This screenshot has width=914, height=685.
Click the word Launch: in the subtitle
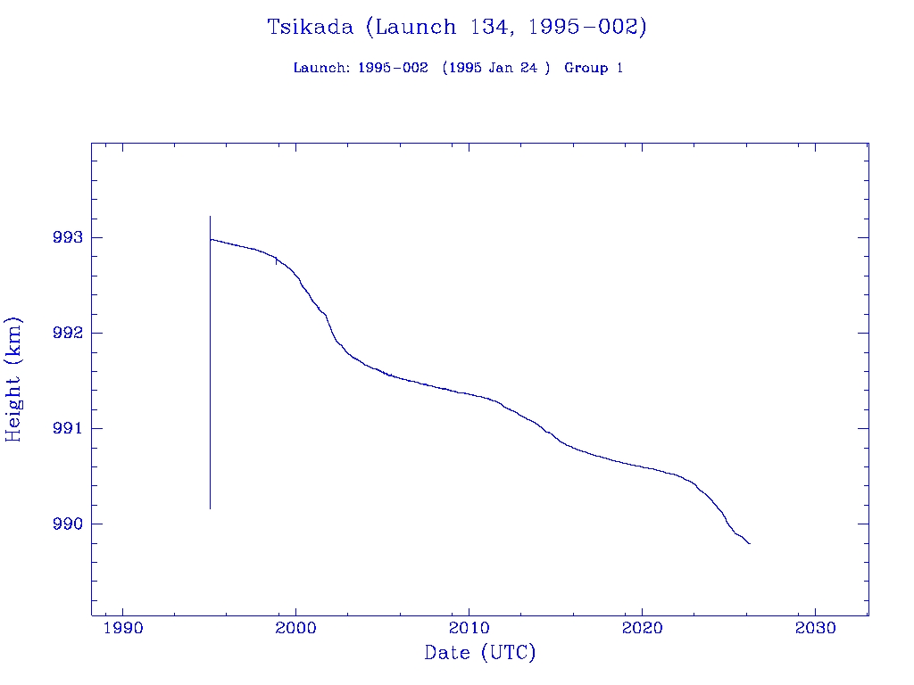321,68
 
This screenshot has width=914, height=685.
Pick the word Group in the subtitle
586,68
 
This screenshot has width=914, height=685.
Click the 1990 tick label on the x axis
123,628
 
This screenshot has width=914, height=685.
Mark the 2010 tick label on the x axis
469,628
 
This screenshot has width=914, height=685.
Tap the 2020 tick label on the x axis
643,628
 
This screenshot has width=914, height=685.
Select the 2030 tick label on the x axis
815,628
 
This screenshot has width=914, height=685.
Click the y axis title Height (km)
13,379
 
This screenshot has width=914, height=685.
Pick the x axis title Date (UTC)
480,653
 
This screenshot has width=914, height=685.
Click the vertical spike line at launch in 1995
210,401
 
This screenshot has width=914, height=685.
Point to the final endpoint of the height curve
750,543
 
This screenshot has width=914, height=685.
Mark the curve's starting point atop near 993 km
211,239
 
